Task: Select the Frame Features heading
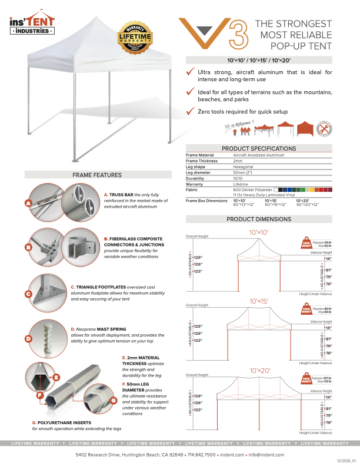click(x=97, y=175)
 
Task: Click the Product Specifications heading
click(x=258, y=148)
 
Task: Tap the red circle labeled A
click(x=28, y=204)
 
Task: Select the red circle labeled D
click(x=28, y=339)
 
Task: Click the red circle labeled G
click(x=113, y=400)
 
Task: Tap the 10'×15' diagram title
click(x=258, y=301)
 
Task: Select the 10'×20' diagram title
click(x=258, y=371)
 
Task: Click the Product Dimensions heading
click(x=258, y=219)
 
